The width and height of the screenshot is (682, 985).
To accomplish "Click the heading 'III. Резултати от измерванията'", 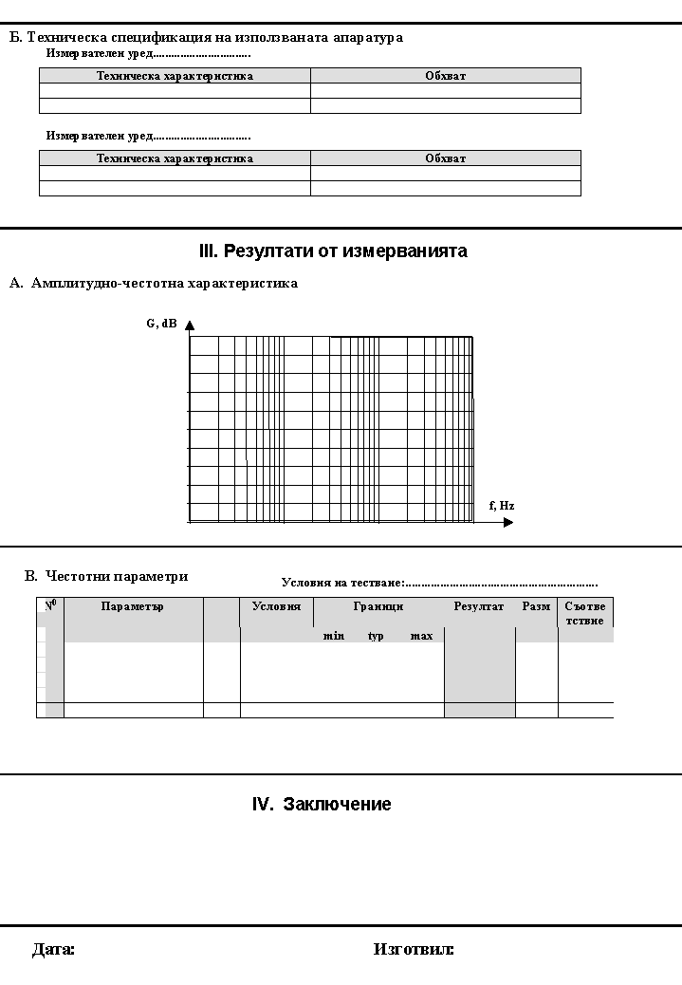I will (x=333, y=251).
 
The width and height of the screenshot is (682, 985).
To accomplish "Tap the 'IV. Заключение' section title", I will (x=322, y=805).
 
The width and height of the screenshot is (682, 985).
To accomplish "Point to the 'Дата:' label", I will (x=53, y=949).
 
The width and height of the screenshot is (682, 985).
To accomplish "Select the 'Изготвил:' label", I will (x=414, y=949).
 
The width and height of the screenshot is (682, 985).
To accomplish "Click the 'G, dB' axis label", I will (x=161, y=324).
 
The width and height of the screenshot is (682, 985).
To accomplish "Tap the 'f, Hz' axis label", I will (x=502, y=506).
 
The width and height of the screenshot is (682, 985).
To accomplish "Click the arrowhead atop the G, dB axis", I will (x=190, y=326).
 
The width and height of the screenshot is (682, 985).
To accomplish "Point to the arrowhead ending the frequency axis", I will (x=508, y=522).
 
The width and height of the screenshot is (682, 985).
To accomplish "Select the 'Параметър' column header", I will (x=133, y=606).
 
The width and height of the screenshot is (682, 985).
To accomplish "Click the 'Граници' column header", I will (x=378, y=606).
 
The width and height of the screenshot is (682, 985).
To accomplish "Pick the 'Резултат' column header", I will (x=479, y=606).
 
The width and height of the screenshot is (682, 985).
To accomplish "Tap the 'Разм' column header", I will (x=536, y=606).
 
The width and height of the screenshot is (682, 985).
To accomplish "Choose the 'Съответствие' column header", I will (x=584, y=613).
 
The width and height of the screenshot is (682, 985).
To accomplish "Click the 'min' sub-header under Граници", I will (x=334, y=636).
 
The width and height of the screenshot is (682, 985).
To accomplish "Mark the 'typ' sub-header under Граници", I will (x=376, y=636).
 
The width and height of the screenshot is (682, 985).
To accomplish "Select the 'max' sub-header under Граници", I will (x=421, y=636).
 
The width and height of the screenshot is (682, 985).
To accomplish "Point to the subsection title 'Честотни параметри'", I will (x=117, y=576).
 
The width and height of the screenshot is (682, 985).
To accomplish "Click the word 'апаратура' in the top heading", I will (x=368, y=38).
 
